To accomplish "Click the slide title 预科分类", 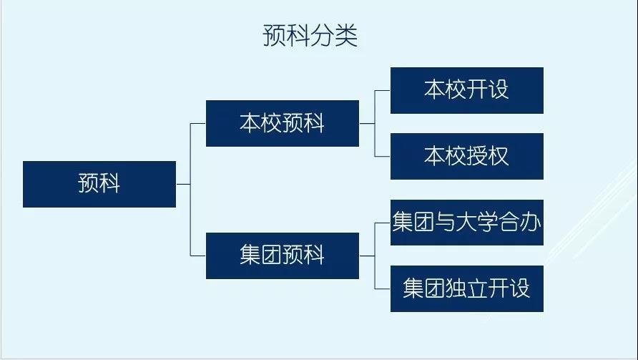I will coord(310,37).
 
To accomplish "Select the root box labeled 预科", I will coord(99,184).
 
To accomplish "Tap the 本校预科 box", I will coord(283,123).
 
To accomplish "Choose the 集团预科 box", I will coord(283,256).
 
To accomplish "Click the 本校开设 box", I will coord(466,90).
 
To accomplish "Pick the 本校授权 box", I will coord(466,156).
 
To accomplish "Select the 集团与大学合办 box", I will coord(466,223).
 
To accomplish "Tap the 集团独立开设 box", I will coord(466,288).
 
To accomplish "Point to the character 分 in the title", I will coord(322,37).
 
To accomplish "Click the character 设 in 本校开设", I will coord(498,90).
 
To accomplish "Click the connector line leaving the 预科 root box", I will coord(183,184).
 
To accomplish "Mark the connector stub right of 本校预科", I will coord(366,123).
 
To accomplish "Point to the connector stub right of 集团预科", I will coord(366,256).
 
